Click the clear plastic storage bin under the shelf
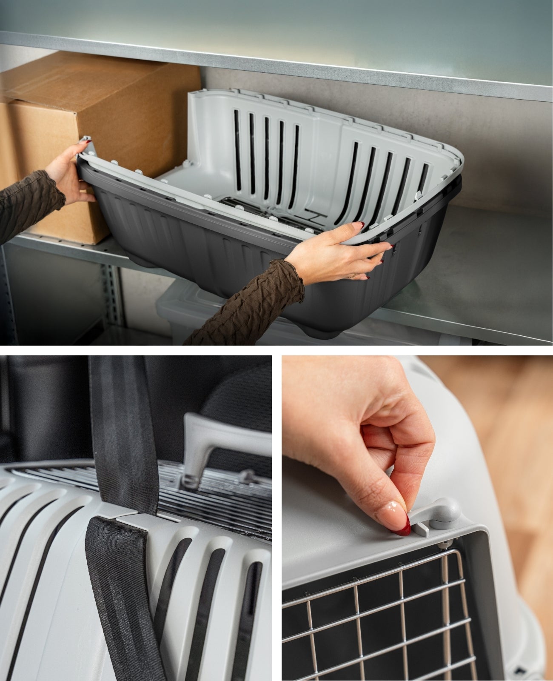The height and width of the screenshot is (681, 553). (x=187, y=311)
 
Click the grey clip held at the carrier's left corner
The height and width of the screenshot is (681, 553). (x=87, y=145)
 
